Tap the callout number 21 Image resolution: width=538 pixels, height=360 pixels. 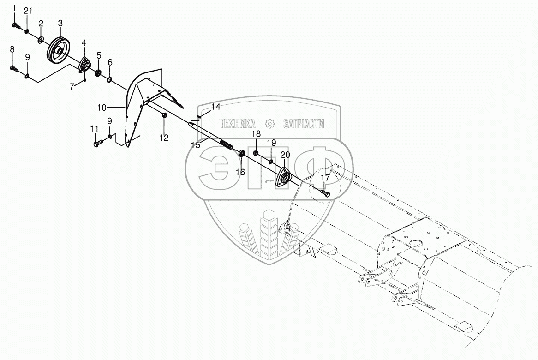[x=28, y=11]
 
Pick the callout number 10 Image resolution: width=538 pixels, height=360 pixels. [x=102, y=108]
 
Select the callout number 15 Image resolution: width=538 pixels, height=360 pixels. [x=196, y=144]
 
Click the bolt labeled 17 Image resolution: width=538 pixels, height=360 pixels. [x=325, y=193]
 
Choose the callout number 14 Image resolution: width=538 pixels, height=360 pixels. [x=216, y=107]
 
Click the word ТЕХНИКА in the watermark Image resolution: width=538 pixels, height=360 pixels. [x=238, y=124]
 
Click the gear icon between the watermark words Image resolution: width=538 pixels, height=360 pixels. [x=269, y=124]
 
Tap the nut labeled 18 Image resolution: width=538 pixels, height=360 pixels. [x=256, y=153]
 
